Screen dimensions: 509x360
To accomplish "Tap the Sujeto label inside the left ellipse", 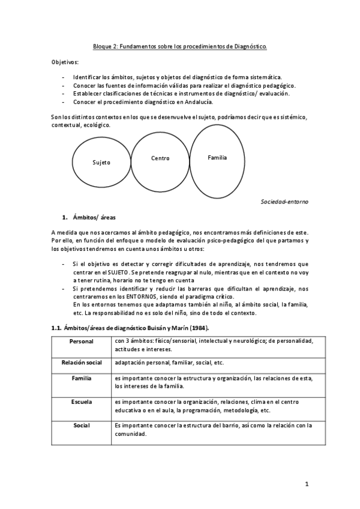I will click(x=101, y=163).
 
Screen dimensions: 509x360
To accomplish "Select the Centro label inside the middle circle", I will click(x=160, y=158).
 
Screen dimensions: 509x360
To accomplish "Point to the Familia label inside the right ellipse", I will click(x=217, y=157).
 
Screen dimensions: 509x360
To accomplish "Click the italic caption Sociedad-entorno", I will click(x=284, y=202).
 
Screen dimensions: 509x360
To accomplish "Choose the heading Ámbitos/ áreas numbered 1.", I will click(x=91, y=216).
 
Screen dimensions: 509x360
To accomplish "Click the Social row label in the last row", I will click(x=82, y=426).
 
